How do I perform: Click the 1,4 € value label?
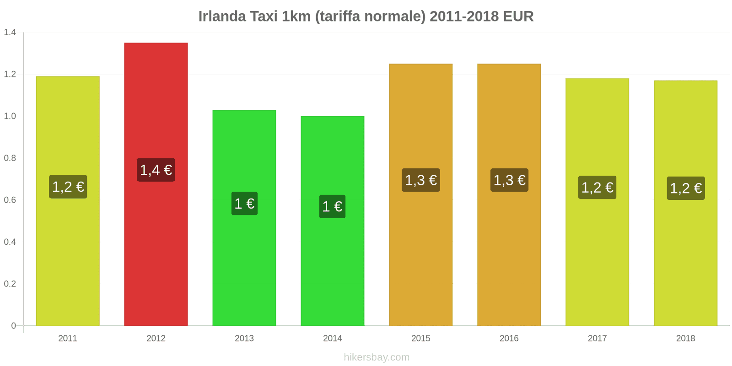coord(156,170)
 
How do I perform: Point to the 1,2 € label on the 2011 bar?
coord(68,187)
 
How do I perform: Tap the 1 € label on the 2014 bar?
coord(333,207)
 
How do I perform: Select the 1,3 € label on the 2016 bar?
coord(509,180)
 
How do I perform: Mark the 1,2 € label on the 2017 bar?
coord(597,188)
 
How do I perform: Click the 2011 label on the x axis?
coord(68,339)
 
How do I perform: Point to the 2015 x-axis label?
coord(421,339)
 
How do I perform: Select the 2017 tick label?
coord(597,339)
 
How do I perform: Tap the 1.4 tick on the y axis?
coord(10,32)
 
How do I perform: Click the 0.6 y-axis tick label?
coord(10,200)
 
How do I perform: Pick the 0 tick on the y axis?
coord(13,326)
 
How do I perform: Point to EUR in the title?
coord(518,16)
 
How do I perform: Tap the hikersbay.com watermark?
coord(377,357)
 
